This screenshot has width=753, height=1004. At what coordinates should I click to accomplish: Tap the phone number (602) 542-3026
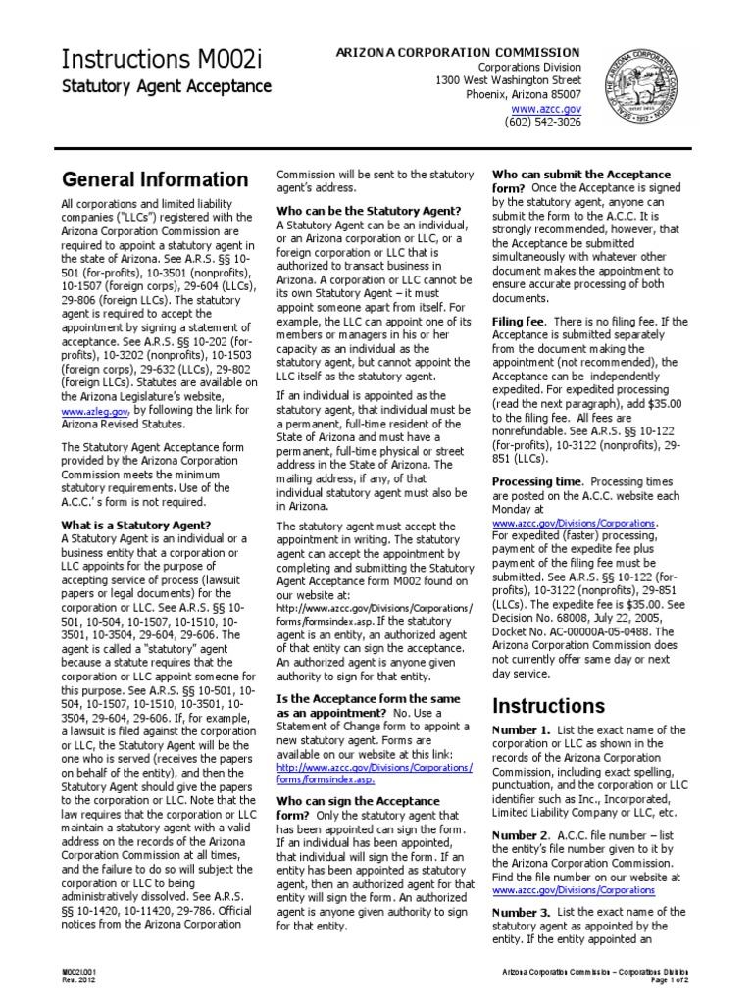click(x=543, y=123)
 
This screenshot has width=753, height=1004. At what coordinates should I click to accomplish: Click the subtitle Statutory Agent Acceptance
click(x=167, y=87)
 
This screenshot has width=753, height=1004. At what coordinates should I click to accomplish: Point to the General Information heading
click(x=155, y=179)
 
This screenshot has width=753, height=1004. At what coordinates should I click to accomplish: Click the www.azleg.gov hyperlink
click(x=94, y=410)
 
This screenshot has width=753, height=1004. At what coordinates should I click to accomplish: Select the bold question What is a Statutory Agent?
click(x=135, y=525)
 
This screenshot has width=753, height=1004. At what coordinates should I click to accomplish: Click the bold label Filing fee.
click(x=519, y=321)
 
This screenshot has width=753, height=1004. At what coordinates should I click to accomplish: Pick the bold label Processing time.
click(x=537, y=482)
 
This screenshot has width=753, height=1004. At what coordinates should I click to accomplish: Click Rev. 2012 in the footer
click(x=76, y=980)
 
